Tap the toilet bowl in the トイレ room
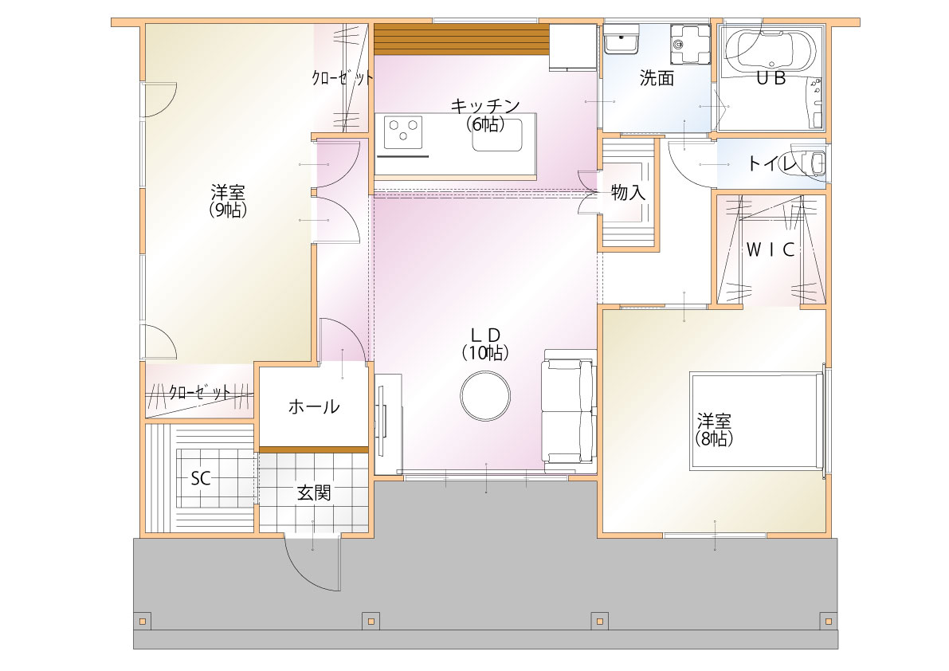click(809, 163)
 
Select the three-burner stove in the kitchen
click(402, 132)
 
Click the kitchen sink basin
click(497, 135)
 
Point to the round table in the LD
click(485, 396)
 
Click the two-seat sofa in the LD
click(567, 411)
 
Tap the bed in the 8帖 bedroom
click(756, 421)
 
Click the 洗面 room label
click(657, 78)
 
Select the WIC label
click(770, 249)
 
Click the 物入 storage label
click(628, 193)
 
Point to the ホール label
click(313, 406)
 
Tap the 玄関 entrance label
click(314, 493)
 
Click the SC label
click(200, 479)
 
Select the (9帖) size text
click(228, 210)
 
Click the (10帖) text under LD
click(485, 352)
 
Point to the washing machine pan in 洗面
click(691, 43)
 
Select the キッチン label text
click(485, 106)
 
